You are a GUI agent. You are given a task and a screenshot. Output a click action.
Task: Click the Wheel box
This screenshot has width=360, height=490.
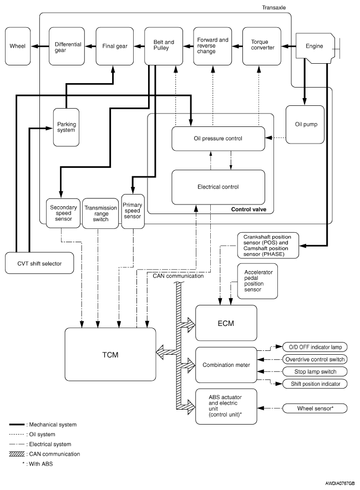[18, 46]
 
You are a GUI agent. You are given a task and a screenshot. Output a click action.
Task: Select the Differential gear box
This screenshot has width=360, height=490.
[67, 46]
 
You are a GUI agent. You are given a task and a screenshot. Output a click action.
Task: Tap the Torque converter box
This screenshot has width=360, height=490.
[261, 46]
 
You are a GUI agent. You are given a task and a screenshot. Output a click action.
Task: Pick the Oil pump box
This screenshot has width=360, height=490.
[305, 124]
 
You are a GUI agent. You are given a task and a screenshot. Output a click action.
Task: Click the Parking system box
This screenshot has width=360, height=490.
[66, 127]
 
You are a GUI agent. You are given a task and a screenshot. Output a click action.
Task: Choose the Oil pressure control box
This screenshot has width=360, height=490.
[219, 139]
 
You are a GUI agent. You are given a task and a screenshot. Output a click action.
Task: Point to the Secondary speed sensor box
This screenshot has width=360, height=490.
[63, 213]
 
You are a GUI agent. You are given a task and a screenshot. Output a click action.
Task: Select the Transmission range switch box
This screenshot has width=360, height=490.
[100, 213]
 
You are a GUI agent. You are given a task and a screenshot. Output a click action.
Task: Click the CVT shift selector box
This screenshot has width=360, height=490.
[39, 263]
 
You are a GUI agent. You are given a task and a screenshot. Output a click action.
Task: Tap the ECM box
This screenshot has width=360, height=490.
[226, 323]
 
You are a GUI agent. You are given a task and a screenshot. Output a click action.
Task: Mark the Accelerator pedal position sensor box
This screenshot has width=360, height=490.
[257, 281]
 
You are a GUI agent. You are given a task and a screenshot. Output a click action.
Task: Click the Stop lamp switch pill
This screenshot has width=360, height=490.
[315, 371]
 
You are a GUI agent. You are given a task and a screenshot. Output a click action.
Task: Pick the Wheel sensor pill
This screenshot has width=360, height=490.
[315, 408]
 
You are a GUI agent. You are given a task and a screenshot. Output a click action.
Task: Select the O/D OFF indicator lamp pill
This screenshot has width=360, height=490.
[315, 347]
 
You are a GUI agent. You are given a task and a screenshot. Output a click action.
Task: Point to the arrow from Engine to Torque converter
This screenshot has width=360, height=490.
[288, 46]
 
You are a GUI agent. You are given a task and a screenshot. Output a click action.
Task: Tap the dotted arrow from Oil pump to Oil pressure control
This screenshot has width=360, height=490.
[275, 138]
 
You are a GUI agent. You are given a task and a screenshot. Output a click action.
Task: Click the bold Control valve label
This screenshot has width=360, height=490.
[249, 210]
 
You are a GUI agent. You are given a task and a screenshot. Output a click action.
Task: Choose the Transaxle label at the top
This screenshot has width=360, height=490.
[273, 8]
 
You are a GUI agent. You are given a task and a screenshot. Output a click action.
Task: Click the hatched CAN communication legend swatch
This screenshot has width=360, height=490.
[17, 454]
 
